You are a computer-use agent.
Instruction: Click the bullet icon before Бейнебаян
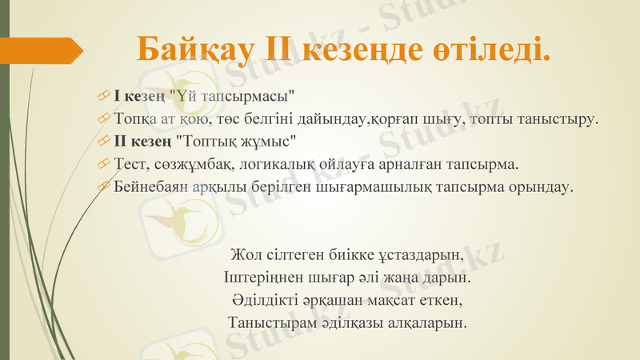(x=102, y=187)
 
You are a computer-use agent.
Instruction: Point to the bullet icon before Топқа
(x=102, y=119)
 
